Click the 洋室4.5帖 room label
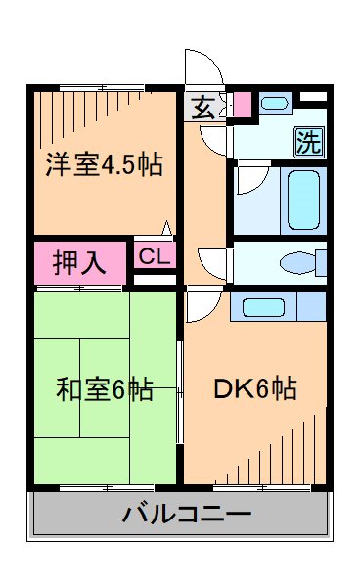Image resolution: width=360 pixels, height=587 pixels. (x=104, y=164)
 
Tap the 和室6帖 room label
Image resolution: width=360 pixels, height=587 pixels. (x=104, y=389)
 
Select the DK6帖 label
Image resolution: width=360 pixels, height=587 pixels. (x=255, y=389)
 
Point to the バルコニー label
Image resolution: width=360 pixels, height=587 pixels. (x=187, y=513)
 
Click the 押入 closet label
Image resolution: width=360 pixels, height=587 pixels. (x=80, y=264)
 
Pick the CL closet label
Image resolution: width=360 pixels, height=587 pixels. (x=153, y=258)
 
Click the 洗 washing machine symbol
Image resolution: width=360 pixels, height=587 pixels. (x=308, y=142)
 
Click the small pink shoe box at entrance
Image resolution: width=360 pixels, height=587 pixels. (x=241, y=103)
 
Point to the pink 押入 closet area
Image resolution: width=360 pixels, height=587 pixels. (x=80, y=264)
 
